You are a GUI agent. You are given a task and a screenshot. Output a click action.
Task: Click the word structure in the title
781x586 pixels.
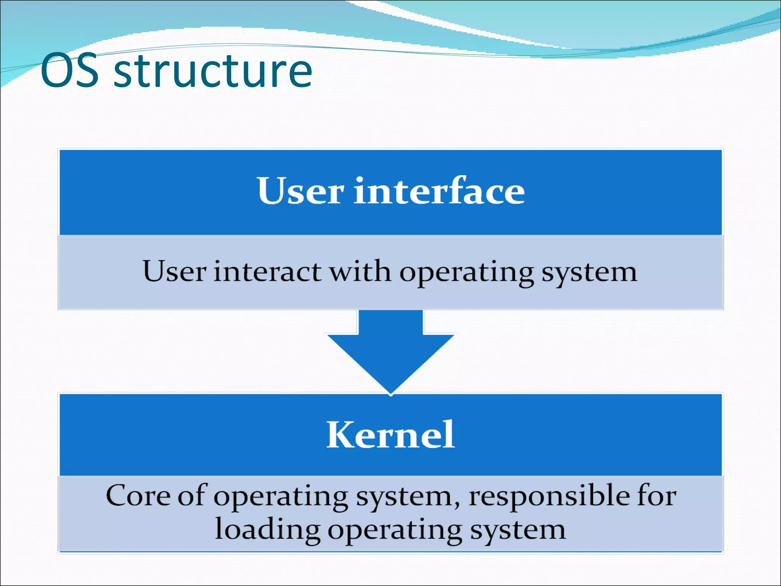pos(213,71)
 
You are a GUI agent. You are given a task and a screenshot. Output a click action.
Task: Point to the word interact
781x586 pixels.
pos(267,272)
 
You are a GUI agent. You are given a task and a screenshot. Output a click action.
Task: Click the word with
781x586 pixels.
pos(360,272)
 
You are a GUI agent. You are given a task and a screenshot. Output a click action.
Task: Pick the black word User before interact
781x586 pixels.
pos(175,272)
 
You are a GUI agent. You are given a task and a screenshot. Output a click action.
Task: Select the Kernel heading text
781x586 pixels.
pos(390,435)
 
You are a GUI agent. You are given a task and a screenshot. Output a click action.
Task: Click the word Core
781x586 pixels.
pos(138,496)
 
